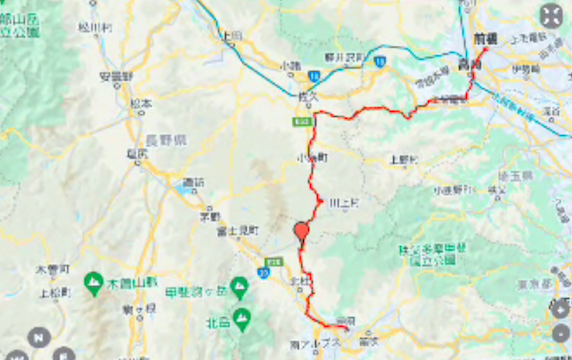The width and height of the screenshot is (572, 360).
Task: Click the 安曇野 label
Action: [117, 75]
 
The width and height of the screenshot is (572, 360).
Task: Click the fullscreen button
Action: [550, 16]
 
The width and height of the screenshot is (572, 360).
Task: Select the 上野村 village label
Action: [401, 158]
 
